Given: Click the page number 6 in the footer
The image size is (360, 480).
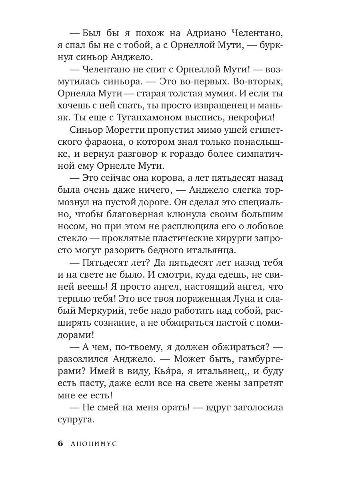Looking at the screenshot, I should [60, 444].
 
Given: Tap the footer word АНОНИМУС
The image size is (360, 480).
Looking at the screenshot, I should [93, 444].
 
